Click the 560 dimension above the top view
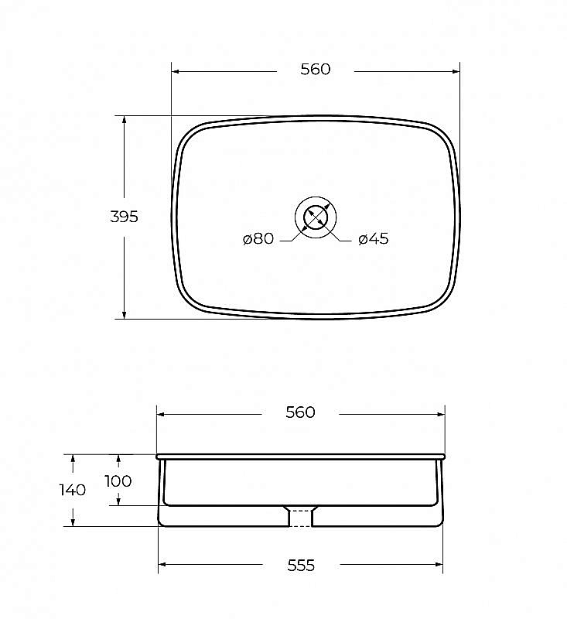click(x=316, y=70)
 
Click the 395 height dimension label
click(x=124, y=217)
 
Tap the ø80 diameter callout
click(x=258, y=238)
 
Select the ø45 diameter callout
click(x=374, y=238)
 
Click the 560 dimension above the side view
click(x=300, y=412)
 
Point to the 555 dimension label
click(x=301, y=566)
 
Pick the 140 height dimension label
click(x=73, y=490)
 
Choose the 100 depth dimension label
click(x=118, y=481)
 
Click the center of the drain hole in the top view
click(x=316, y=217)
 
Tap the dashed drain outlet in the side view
click(x=301, y=518)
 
